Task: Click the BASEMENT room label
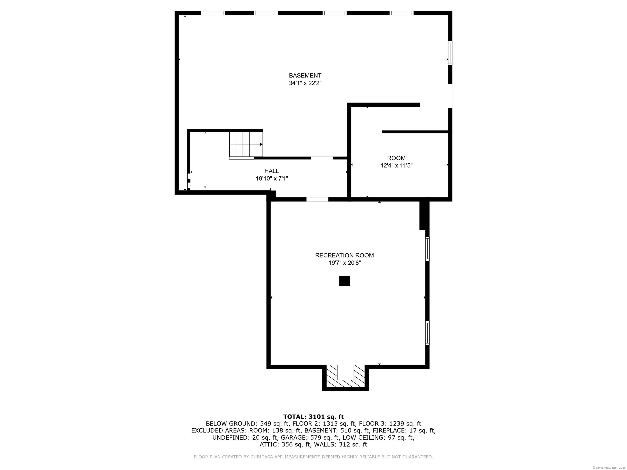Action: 305,76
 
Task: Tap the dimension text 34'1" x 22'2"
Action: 305,83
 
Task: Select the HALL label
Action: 271,171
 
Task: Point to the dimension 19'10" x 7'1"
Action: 272,178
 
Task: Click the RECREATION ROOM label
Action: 344,255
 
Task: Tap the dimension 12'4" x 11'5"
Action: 396,166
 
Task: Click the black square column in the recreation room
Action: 344,281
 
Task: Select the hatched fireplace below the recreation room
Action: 345,378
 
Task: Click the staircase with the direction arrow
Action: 246,144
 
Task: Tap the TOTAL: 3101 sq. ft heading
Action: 313,417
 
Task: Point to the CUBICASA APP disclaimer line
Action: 313,457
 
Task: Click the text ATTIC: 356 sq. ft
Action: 285,445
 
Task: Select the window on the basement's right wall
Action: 450,53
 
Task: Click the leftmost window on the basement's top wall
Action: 213,13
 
